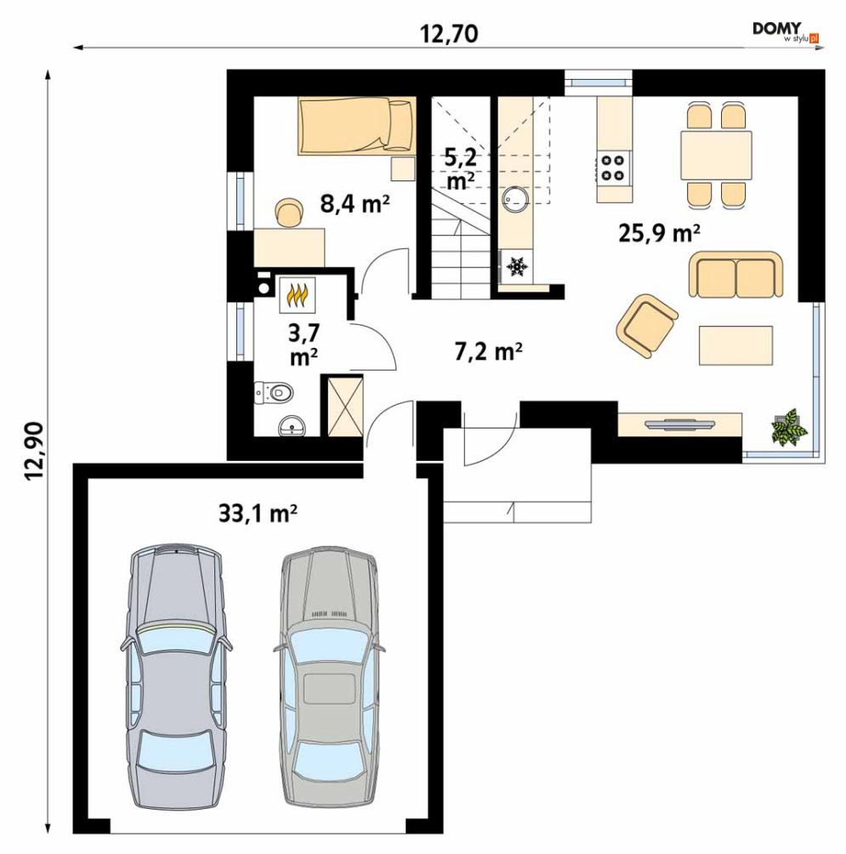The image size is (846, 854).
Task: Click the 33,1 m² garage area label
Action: click(258, 513)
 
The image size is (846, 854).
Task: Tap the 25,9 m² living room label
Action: click(659, 233)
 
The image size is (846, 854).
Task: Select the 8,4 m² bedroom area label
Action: click(355, 203)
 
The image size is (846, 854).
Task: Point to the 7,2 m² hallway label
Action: click(488, 351)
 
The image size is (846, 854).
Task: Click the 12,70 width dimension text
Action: click(449, 34)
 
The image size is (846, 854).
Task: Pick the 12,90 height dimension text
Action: click(34, 451)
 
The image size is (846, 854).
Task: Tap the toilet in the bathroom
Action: click(273, 392)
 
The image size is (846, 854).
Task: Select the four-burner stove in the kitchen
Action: click(613, 168)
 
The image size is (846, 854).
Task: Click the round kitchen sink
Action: click(515, 199)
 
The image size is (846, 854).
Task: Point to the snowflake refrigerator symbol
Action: click(517, 266)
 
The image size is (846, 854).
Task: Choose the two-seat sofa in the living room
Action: click(735, 275)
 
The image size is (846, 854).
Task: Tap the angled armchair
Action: click(647, 326)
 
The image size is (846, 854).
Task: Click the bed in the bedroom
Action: click(357, 125)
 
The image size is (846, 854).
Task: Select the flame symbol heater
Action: click(298, 294)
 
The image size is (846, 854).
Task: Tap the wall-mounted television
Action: click(679, 424)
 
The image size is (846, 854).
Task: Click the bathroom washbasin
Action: click(292, 425)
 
